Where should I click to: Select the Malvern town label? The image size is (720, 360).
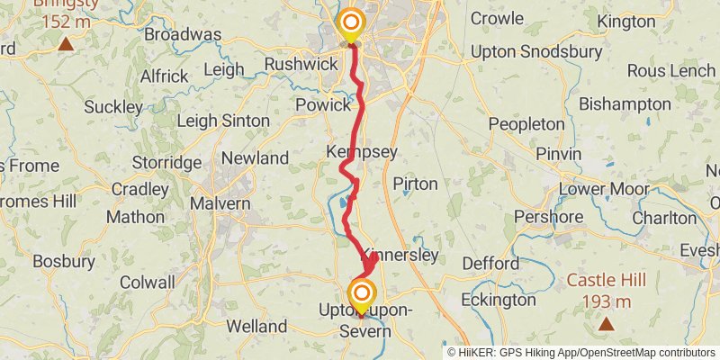point(220,203)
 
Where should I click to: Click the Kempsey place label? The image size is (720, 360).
point(362,152)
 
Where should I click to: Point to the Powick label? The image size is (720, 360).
point(322,105)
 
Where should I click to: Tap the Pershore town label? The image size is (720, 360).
point(548,217)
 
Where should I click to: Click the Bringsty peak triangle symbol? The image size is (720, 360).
point(65,43)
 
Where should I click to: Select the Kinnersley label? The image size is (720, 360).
point(403,256)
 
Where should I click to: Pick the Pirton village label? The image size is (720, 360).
point(415,184)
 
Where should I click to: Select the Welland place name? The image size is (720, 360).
point(256,326)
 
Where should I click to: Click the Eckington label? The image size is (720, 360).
point(498,299)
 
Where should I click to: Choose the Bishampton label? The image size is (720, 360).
point(625,104)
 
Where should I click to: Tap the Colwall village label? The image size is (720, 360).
point(148,282)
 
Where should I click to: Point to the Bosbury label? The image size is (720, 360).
point(64,262)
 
